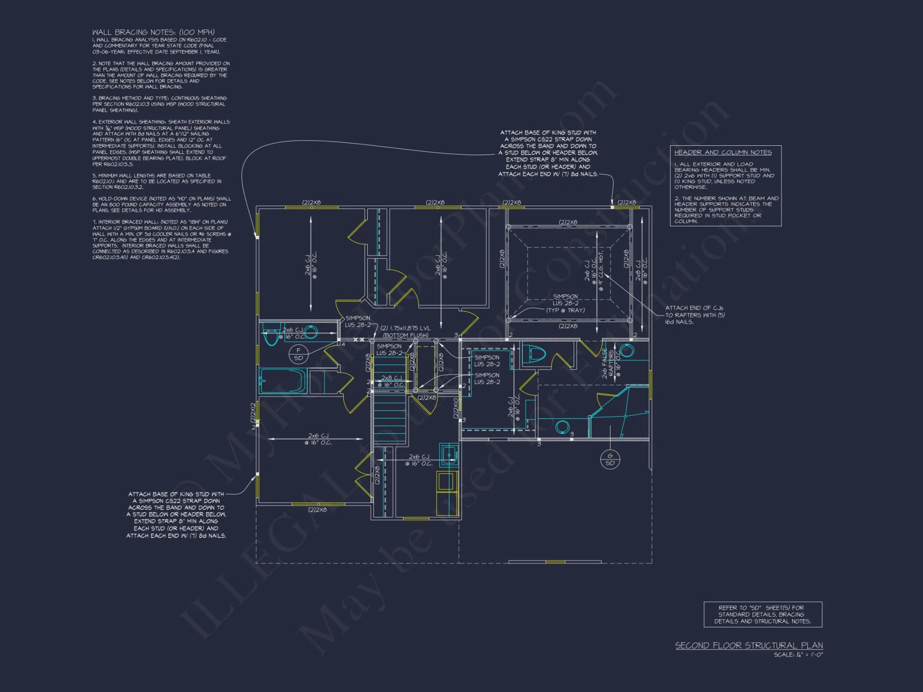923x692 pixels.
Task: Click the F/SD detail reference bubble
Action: tap(298, 354)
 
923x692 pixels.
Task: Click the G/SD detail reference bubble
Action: tap(610, 459)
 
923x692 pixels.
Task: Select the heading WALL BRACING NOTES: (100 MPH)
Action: tap(153, 32)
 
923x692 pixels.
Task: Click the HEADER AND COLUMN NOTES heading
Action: tap(723, 152)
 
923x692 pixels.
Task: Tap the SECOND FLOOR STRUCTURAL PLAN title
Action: tap(749, 645)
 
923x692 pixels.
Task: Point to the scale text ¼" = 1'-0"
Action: tap(798, 655)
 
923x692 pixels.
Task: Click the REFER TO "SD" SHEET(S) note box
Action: tap(762, 614)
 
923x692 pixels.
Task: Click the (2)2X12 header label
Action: tap(253, 413)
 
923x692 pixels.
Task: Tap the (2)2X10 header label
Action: tap(456, 408)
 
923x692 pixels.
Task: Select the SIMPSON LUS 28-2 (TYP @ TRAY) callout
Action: tap(565, 303)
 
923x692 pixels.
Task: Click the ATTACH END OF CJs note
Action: tap(695, 315)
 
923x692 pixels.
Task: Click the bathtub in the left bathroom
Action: tap(282, 380)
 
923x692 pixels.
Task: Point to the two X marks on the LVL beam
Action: tap(359, 340)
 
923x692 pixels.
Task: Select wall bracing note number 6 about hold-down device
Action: tap(162, 204)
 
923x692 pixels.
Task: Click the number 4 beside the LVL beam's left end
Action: tap(343, 344)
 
